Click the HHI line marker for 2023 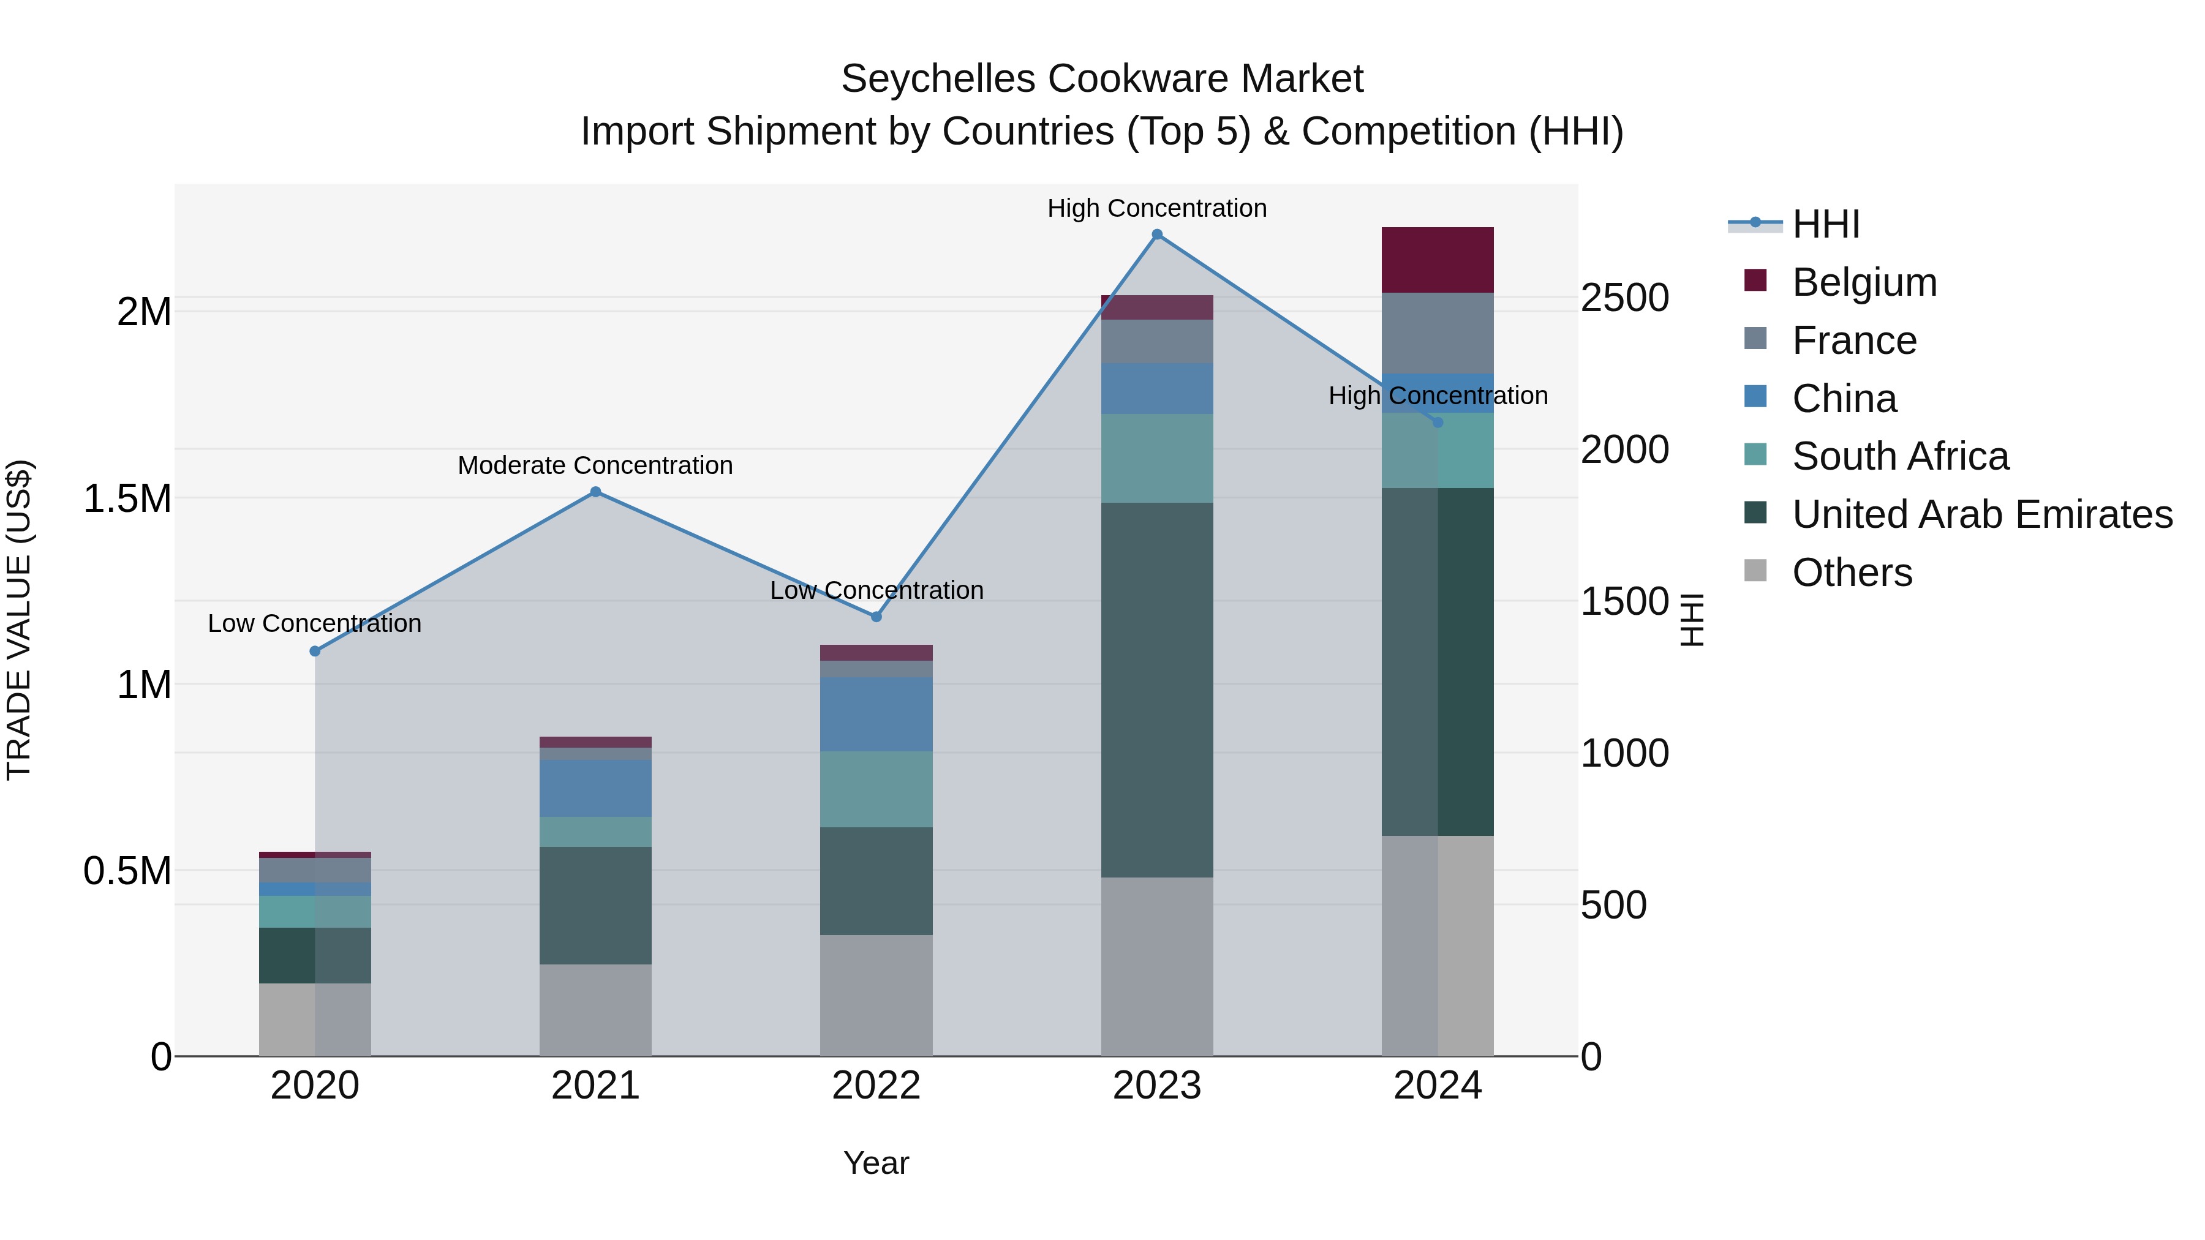coord(1156,235)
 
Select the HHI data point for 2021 coord(596,492)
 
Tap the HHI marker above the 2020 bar coord(315,652)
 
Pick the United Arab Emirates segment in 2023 coord(1156,690)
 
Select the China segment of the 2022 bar coord(876,715)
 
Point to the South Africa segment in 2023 coord(1156,459)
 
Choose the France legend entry coord(1854,340)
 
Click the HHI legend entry coord(1825,224)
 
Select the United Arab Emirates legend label coord(1983,514)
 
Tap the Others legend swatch coord(1755,571)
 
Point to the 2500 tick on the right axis coord(1624,298)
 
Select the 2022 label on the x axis coord(876,1086)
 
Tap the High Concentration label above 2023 coord(1156,208)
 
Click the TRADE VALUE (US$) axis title coord(19,620)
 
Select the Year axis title coord(876,1163)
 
